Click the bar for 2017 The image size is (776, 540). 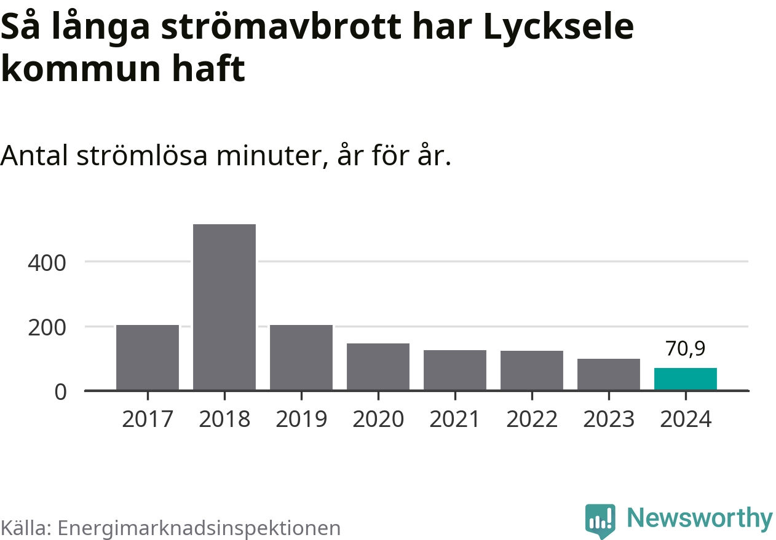(148, 358)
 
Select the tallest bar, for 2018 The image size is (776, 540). (224, 307)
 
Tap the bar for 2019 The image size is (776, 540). (301, 358)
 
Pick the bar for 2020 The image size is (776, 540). (378, 367)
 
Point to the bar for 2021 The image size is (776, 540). (455, 370)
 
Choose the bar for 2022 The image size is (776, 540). (532, 370)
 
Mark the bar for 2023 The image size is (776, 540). (609, 374)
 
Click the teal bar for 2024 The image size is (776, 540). (686, 379)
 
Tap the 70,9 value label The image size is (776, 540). (686, 348)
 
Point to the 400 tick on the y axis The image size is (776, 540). (47, 262)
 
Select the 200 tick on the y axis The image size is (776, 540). (47, 327)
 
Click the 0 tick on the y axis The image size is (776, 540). (60, 391)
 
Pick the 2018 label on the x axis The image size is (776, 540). (224, 420)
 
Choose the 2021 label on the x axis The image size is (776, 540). (455, 420)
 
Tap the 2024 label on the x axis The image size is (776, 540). (686, 420)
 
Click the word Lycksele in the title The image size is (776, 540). (558, 27)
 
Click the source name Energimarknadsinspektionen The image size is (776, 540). (199, 528)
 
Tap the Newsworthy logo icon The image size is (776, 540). (600, 522)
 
